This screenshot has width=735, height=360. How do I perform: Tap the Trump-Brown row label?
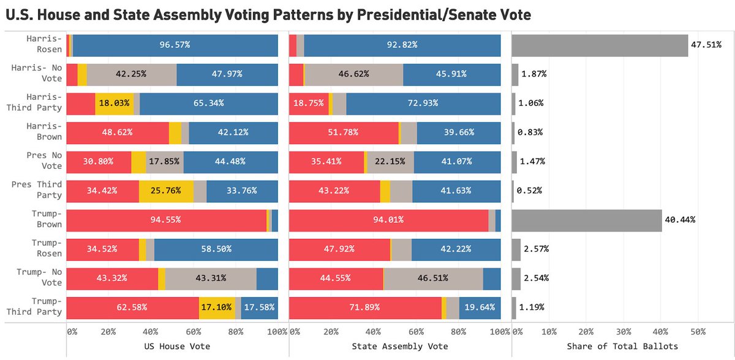click(45, 219)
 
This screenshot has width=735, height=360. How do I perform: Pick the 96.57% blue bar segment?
click(175, 45)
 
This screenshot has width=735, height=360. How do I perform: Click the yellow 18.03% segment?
click(114, 103)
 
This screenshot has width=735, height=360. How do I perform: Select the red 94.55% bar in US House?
click(166, 220)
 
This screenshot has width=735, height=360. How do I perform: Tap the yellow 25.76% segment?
click(166, 191)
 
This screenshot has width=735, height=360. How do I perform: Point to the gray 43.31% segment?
click(211, 278)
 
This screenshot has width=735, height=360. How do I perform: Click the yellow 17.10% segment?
click(217, 307)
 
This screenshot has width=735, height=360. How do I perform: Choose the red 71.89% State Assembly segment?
click(364, 307)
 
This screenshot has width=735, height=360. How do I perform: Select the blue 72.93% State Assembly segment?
click(423, 103)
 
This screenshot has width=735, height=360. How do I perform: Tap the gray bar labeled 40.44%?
click(587, 220)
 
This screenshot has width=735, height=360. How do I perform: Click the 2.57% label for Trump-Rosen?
click(535, 249)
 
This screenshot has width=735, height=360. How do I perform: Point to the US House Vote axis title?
click(172, 346)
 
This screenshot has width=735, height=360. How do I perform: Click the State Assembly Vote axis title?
click(394, 346)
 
